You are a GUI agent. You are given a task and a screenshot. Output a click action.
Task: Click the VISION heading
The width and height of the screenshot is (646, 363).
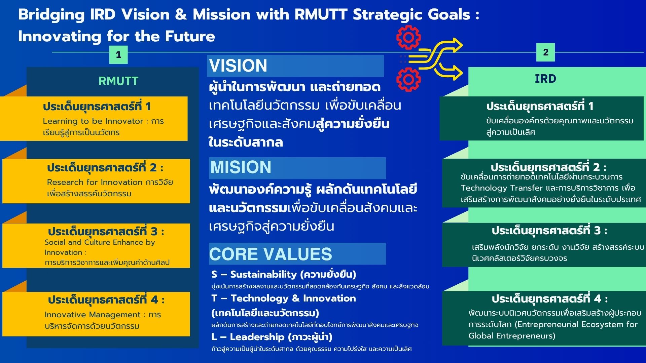tap(238, 66)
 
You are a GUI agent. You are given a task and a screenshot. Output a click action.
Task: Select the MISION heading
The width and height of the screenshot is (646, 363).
tap(241, 167)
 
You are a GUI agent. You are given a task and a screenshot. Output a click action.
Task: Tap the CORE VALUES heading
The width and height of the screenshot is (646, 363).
tap(271, 254)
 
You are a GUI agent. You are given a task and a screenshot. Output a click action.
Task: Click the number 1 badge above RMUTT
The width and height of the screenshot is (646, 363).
tap(118, 54)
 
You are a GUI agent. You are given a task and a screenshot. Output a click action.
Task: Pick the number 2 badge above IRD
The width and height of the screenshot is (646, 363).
tap(545, 52)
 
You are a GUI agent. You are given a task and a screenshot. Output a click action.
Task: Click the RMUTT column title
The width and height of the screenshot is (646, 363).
tap(118, 81)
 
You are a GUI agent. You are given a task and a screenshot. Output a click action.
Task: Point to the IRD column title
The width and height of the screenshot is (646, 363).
tap(545, 79)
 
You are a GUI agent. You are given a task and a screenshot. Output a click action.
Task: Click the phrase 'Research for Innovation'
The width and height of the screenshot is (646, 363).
tap(95, 182)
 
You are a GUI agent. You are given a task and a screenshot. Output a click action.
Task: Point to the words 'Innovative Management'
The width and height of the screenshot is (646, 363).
tap(93, 315)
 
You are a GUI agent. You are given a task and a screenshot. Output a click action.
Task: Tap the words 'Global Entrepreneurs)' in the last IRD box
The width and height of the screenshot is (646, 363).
tap(512, 336)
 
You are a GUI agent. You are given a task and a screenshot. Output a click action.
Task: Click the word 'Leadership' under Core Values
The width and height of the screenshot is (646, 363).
tap(257, 337)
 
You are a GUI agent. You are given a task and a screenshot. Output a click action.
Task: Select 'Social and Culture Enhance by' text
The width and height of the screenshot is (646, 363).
tap(100, 242)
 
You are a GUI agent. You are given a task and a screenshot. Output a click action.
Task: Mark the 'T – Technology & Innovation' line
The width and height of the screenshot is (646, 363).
tap(284, 298)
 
